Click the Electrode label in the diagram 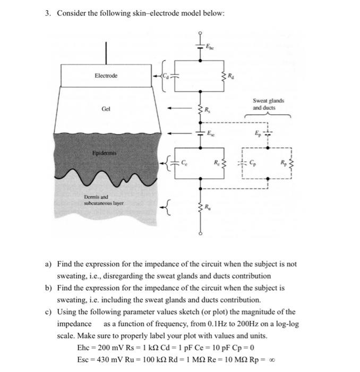point(106,75)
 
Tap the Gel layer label point(106,109)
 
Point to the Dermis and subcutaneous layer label point(103,199)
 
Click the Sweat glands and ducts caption point(268,104)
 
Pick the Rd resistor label point(230,77)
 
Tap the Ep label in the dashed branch point(260,133)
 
